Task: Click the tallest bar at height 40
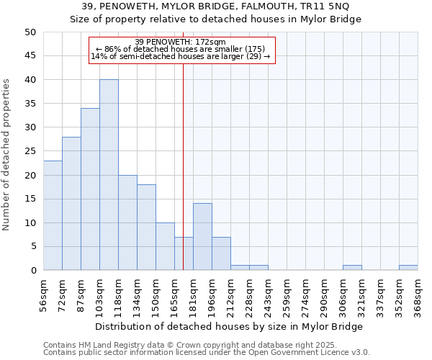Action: (109, 175)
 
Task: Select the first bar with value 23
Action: (53, 215)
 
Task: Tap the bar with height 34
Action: (90, 189)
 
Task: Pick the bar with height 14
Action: (202, 237)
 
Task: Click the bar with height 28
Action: (71, 204)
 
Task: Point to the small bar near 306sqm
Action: (352, 268)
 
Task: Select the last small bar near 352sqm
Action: (408, 268)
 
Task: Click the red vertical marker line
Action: (184, 158)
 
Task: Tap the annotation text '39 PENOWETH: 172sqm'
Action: (181, 42)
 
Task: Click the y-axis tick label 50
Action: (30, 32)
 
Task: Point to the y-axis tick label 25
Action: (30, 151)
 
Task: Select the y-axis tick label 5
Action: (33, 246)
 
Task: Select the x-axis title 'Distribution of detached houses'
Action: (180, 326)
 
